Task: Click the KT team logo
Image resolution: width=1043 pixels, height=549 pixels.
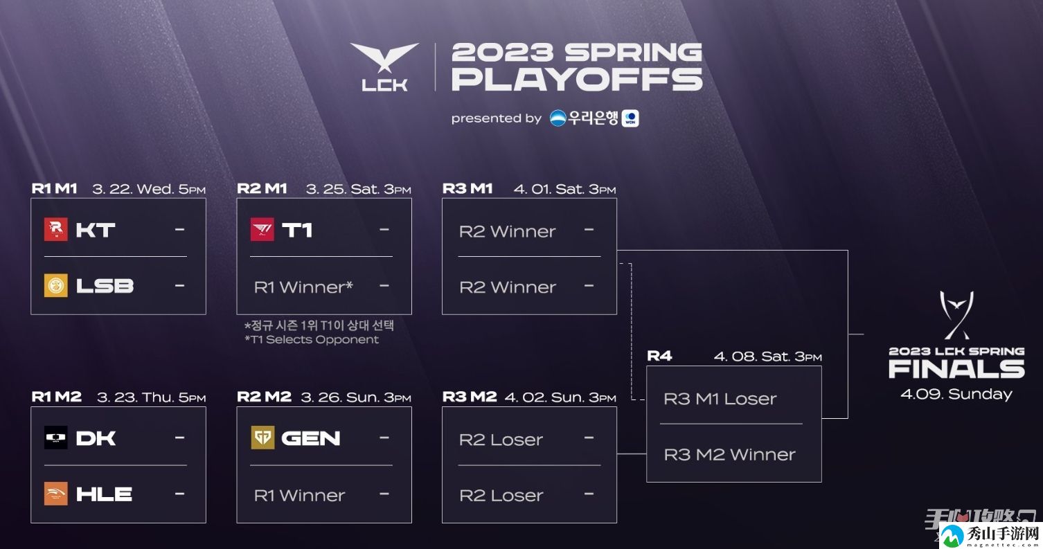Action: tap(56, 229)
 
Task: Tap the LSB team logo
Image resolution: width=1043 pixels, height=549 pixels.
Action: tap(56, 285)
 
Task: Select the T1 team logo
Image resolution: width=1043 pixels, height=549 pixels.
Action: tap(262, 229)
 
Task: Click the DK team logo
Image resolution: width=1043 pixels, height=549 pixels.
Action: tap(56, 438)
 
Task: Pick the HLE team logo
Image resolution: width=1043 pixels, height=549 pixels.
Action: tap(56, 494)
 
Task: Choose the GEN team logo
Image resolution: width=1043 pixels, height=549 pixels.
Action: tap(262, 438)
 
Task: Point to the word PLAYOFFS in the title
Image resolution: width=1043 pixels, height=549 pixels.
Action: tap(577, 79)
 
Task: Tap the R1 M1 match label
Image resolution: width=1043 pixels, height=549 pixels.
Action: tap(54, 188)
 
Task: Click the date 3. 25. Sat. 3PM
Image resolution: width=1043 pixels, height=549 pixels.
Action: tap(359, 189)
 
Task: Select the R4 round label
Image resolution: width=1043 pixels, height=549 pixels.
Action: tap(659, 357)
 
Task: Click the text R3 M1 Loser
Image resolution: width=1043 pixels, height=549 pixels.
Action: tap(720, 399)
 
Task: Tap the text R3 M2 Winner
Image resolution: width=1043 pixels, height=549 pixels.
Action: tap(730, 454)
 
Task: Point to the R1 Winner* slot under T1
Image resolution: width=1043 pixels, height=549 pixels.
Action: tap(303, 287)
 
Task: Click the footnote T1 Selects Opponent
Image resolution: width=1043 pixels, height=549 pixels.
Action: tap(312, 339)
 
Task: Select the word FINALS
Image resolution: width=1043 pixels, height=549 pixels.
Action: tap(956, 370)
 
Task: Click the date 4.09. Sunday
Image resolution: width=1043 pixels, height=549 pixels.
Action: tap(956, 395)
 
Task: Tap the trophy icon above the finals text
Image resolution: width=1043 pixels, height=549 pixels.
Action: tap(956, 315)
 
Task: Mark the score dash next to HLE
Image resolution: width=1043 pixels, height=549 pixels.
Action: tap(180, 494)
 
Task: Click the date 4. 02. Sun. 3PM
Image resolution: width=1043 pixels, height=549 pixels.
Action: tap(560, 397)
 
